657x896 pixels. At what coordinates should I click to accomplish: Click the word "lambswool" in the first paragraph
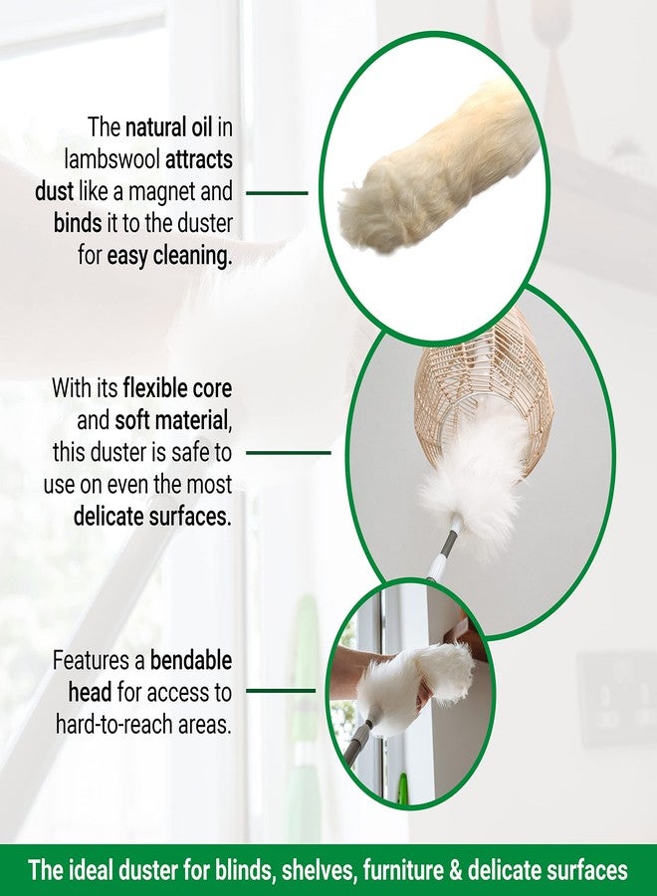tap(111, 159)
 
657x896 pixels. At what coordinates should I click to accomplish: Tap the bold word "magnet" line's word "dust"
tap(55, 191)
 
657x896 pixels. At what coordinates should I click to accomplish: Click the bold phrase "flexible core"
tap(177, 388)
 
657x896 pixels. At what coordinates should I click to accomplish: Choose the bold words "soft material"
tap(172, 421)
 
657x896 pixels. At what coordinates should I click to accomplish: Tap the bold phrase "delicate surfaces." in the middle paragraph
tap(152, 517)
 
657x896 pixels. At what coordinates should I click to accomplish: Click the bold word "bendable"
tap(191, 661)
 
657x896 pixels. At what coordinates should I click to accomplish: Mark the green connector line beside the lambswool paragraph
tap(277, 193)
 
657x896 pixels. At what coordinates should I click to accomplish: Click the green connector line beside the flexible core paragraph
tap(289, 453)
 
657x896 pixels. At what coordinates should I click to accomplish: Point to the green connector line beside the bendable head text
tap(281, 691)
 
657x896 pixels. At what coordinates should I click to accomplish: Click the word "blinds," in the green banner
tap(244, 870)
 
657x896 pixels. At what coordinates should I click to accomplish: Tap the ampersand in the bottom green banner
tap(456, 870)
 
